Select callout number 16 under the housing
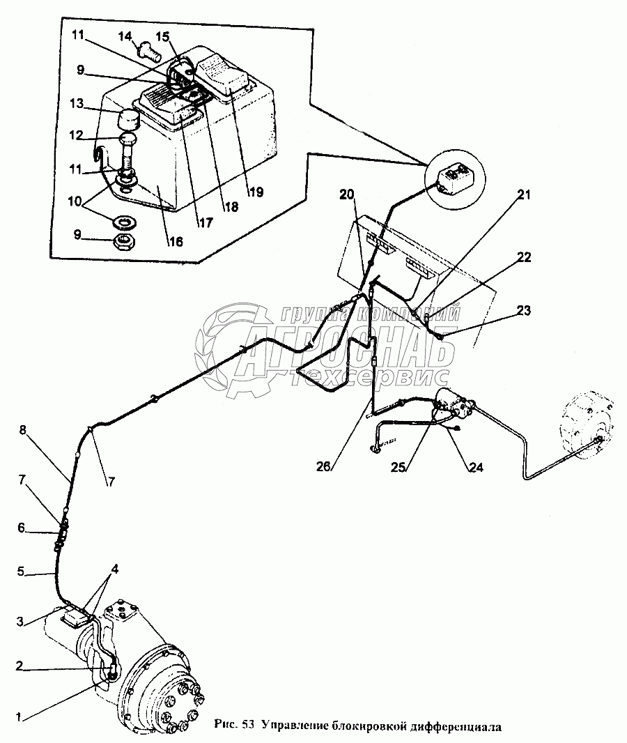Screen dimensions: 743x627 point(175,241)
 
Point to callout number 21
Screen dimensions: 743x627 point(523,195)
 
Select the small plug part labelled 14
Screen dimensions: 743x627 point(148,51)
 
